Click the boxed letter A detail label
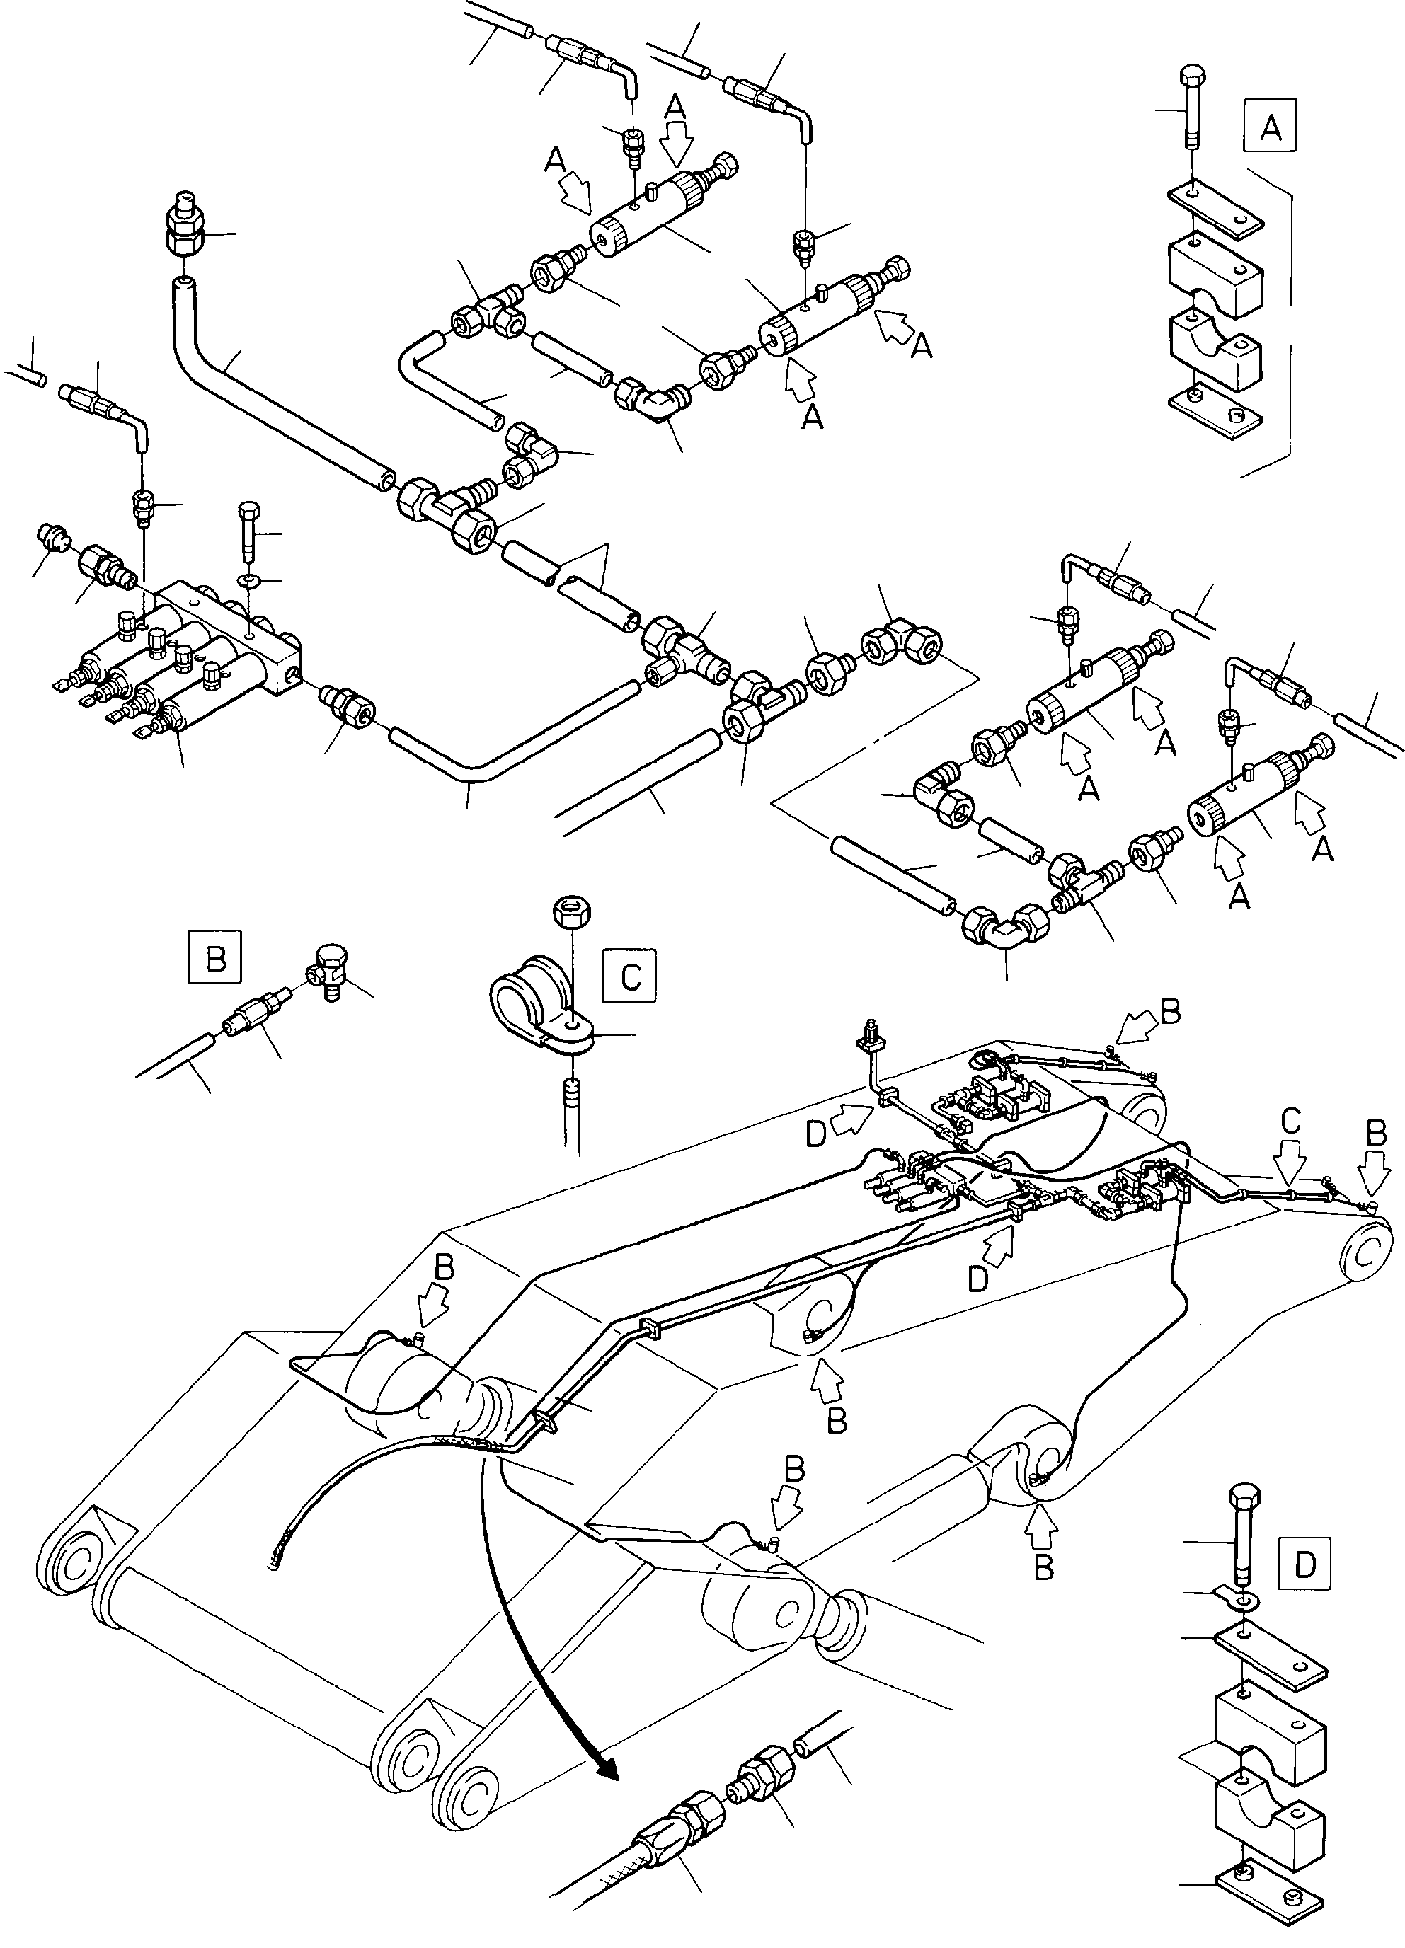[1269, 127]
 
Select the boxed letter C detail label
[630, 976]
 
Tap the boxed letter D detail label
[1304, 1565]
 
